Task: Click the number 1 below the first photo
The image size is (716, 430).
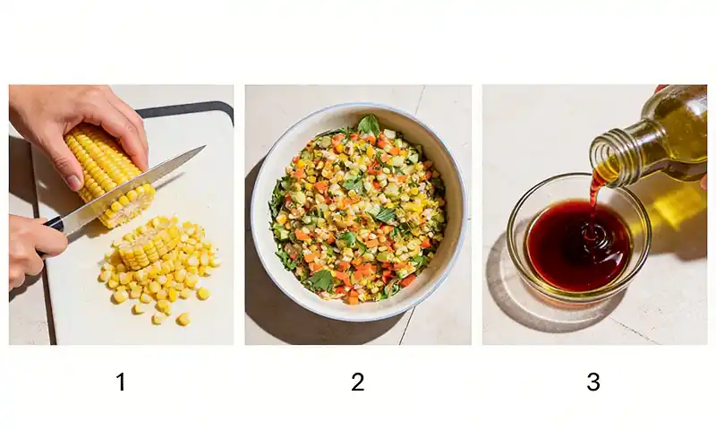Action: click(121, 383)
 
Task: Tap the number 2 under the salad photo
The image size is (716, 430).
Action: click(358, 383)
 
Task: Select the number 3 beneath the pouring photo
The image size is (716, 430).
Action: click(593, 383)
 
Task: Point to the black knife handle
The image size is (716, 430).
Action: click(54, 224)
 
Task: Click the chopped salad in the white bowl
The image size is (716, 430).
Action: click(358, 211)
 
